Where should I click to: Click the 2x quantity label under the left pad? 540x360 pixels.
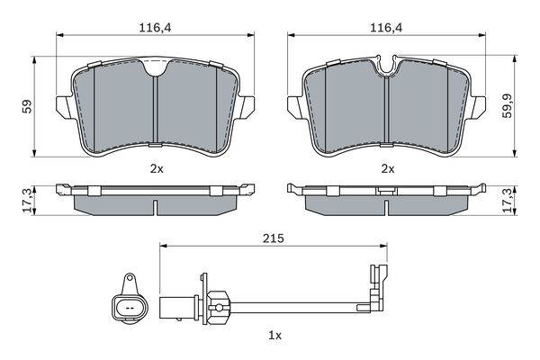(157, 168)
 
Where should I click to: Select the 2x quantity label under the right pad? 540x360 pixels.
(389, 168)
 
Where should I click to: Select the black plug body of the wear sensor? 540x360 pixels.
(175, 306)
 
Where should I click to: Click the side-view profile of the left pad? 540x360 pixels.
(157, 200)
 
